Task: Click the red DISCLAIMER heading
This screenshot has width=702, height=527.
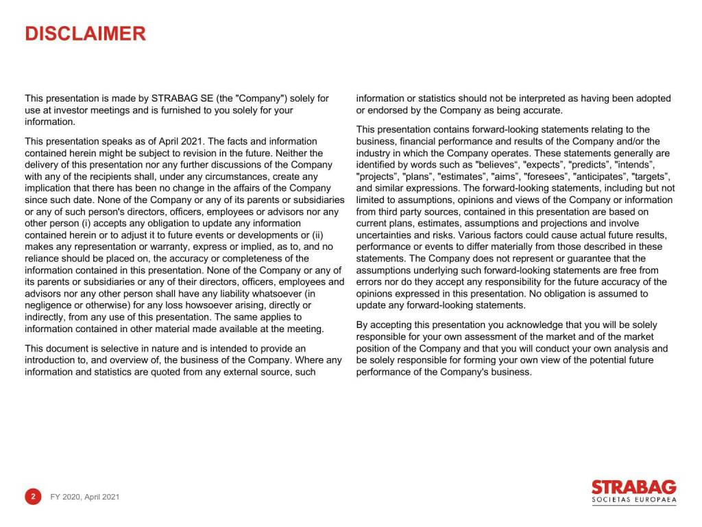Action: coord(85,34)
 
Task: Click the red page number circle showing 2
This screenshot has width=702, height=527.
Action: coord(33,496)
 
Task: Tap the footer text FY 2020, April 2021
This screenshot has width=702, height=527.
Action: coord(85,497)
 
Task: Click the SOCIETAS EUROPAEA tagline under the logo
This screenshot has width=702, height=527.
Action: coord(633,501)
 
